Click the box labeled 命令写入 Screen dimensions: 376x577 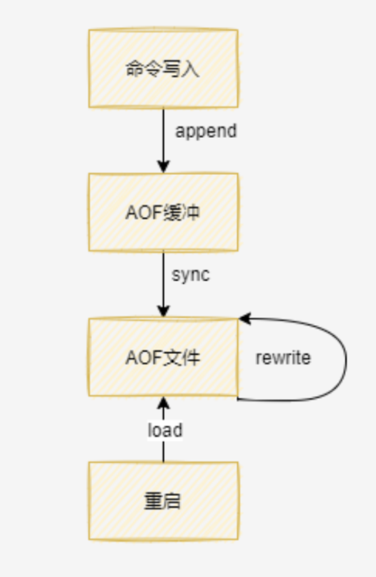163,68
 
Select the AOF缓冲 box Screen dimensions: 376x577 163,212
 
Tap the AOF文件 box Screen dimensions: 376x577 163,357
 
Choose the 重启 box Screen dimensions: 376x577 163,501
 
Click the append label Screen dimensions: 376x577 206,132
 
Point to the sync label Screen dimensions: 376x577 191,275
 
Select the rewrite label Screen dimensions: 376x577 283,357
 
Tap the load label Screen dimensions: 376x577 165,430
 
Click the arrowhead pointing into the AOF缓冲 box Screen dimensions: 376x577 164,166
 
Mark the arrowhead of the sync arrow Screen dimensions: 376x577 164,311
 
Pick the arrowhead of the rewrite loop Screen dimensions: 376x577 245,319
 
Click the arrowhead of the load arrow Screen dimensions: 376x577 164,403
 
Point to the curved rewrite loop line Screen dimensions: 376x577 346,359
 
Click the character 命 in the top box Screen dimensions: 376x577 135,69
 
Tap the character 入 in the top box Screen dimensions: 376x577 191,69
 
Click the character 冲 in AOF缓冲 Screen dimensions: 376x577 191,212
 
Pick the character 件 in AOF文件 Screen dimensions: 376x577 191,357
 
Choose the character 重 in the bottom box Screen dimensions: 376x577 154,501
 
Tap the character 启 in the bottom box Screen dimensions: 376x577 172,501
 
